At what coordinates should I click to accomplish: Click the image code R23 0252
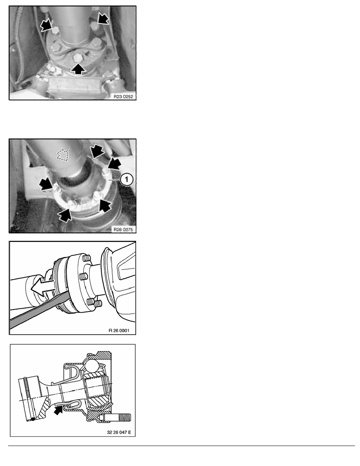click(x=123, y=96)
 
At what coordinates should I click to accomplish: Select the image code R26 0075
click(x=123, y=229)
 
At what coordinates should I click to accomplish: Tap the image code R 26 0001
click(x=119, y=331)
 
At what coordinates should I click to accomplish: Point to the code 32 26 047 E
click(x=119, y=432)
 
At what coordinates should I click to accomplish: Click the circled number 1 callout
click(x=127, y=179)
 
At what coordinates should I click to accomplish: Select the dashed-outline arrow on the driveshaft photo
click(x=62, y=155)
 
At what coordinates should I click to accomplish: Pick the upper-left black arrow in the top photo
click(x=46, y=25)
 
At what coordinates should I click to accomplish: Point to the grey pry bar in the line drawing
click(x=40, y=311)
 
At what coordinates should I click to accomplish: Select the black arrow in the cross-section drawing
click(x=58, y=410)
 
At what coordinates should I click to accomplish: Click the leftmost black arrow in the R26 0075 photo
click(x=46, y=184)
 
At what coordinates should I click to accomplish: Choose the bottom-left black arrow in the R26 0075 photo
click(x=65, y=215)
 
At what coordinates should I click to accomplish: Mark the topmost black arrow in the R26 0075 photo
click(x=97, y=151)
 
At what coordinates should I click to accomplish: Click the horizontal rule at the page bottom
click(x=182, y=446)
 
